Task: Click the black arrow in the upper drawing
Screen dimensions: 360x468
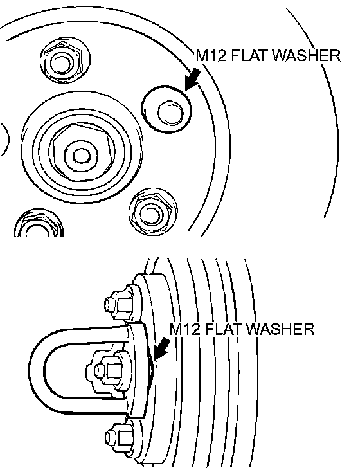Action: coord(193,79)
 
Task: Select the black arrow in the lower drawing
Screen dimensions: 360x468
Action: coord(162,348)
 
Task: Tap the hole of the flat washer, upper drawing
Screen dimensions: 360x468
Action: coord(170,113)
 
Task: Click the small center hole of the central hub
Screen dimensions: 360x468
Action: coord(81,156)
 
